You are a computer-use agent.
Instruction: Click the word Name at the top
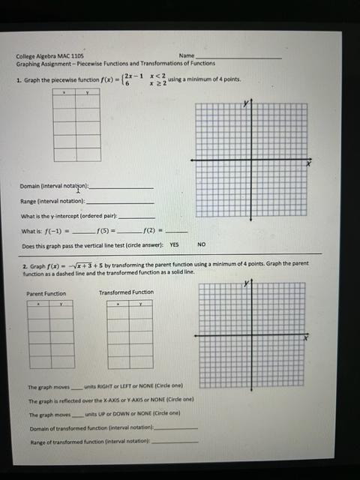coord(187,56)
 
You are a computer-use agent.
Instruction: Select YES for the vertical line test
coord(174,244)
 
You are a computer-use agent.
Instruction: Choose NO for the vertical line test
coord(201,244)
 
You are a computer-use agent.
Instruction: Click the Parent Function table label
coord(46,293)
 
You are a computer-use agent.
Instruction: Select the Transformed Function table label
coord(126,292)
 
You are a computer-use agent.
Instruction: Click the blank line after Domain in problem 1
coord(121,187)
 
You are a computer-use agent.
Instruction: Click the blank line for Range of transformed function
coord(175,442)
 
